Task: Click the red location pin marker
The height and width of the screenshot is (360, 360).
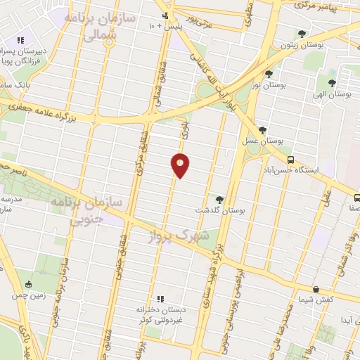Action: tap(181, 165)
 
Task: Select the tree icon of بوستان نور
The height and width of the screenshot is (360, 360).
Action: tap(269, 73)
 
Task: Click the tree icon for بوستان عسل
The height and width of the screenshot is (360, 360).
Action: tap(262, 130)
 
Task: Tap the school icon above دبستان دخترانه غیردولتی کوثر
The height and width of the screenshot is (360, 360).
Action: tap(160, 298)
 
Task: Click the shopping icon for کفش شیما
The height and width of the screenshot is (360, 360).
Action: tap(316, 289)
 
